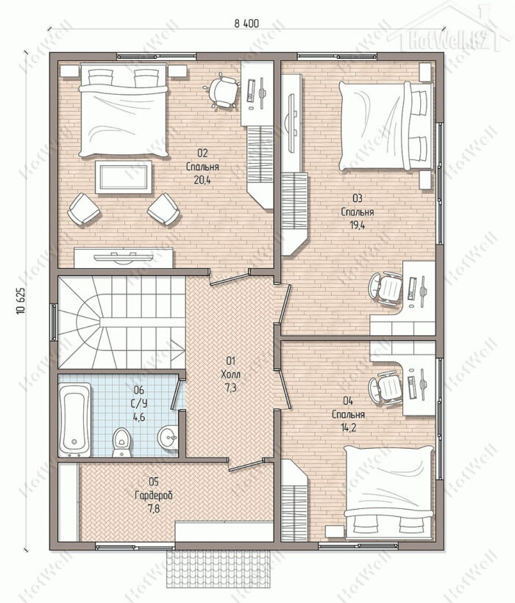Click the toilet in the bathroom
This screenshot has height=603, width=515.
[122, 442]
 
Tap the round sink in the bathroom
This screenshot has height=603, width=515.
[168, 437]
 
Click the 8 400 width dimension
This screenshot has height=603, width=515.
[246, 24]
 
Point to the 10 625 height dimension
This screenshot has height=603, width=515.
[21, 300]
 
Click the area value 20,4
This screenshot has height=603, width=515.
[202, 180]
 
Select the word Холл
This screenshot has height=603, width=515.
[231, 374]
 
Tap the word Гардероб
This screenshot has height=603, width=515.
[154, 495]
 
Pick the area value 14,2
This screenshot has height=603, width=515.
[348, 427]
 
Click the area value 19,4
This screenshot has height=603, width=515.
[357, 225]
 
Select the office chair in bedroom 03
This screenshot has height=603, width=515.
[386, 289]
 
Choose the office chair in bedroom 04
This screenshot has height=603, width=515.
[386, 388]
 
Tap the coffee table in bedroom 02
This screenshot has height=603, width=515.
[124, 177]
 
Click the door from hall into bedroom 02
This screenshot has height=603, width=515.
[229, 278]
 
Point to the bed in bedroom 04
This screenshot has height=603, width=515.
[389, 492]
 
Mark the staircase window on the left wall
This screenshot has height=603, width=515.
[54, 322]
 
